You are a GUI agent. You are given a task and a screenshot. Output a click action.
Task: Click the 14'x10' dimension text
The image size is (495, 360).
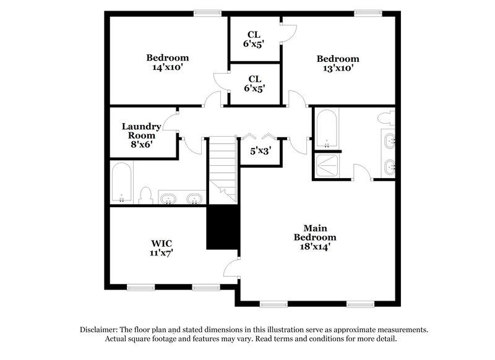point(167,67)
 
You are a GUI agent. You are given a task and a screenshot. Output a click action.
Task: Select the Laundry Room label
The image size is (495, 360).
point(141,131)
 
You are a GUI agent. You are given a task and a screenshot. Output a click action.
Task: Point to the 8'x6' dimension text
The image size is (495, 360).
point(140,144)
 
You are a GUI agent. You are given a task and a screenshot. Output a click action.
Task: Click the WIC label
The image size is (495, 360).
point(161,242)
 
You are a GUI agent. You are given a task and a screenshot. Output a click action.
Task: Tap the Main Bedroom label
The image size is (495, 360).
point(315,233)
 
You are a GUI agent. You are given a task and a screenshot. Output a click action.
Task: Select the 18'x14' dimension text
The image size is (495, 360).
point(315,246)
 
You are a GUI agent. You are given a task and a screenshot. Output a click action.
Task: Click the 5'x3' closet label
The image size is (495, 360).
point(260,150)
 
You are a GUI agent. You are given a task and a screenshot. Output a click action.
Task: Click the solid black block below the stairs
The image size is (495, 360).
point(222,228)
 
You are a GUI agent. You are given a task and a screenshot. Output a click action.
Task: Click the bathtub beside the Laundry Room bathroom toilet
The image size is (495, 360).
point(121,183)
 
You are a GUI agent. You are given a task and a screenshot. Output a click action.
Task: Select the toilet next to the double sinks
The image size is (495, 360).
point(146,195)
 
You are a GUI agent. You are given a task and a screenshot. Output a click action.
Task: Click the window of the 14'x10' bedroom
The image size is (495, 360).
point(207,12)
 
